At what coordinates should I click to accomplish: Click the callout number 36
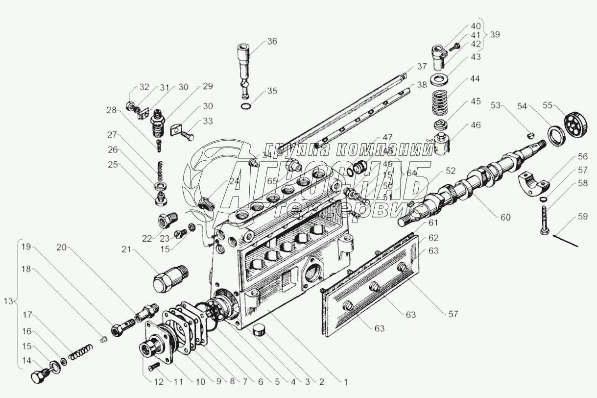[272, 42]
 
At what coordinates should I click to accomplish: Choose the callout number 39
[495, 34]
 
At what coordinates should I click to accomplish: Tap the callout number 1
[345, 380]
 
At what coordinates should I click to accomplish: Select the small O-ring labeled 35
[247, 106]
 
